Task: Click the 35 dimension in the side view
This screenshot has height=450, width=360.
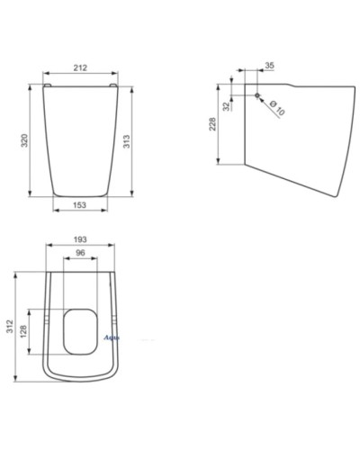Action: coord(269,64)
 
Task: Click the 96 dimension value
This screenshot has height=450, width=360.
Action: coord(80,255)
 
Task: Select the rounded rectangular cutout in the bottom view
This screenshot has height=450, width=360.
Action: coord(81,330)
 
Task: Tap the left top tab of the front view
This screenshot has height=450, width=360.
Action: coord(47,84)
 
